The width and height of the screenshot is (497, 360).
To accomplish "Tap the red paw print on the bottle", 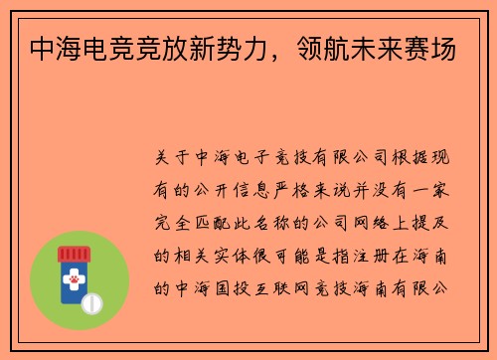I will click(75, 282).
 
